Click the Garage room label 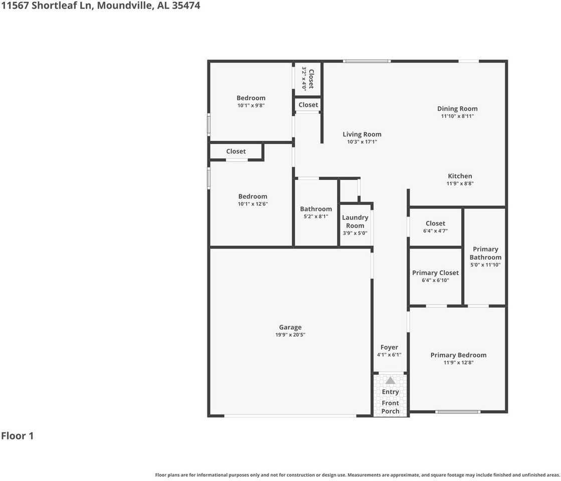point(290,328)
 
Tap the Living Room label point(362,134)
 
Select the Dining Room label point(457,109)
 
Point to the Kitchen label point(460,176)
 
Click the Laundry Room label point(355,221)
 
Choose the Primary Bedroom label point(458,355)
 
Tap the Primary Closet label point(435,273)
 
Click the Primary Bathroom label point(485,253)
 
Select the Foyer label point(389,347)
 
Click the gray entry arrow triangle point(390,380)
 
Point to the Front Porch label point(390,407)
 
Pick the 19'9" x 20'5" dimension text point(290,335)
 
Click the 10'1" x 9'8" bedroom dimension point(251,106)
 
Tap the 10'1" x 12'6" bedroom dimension point(253,204)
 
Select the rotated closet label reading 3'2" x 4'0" point(308,79)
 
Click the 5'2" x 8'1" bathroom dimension point(316,216)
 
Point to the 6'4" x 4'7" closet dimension point(435,231)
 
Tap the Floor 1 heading point(18,436)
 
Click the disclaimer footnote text point(357,474)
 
